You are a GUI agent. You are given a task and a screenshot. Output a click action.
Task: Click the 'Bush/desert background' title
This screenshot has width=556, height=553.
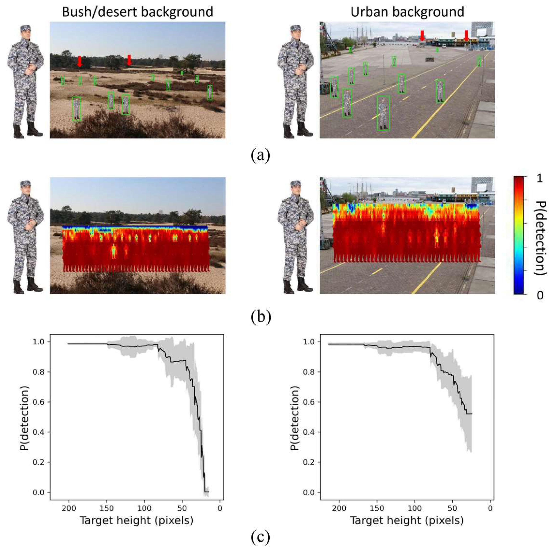[x=138, y=12]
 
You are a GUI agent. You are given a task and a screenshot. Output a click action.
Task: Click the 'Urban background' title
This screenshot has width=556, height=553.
[x=407, y=12]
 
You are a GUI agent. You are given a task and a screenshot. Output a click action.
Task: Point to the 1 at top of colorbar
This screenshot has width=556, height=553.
[x=540, y=178]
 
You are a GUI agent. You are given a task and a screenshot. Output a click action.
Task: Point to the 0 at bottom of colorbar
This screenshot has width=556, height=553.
[x=540, y=295]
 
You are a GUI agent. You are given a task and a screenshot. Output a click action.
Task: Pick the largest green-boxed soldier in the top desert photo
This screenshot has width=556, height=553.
[x=77, y=109]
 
